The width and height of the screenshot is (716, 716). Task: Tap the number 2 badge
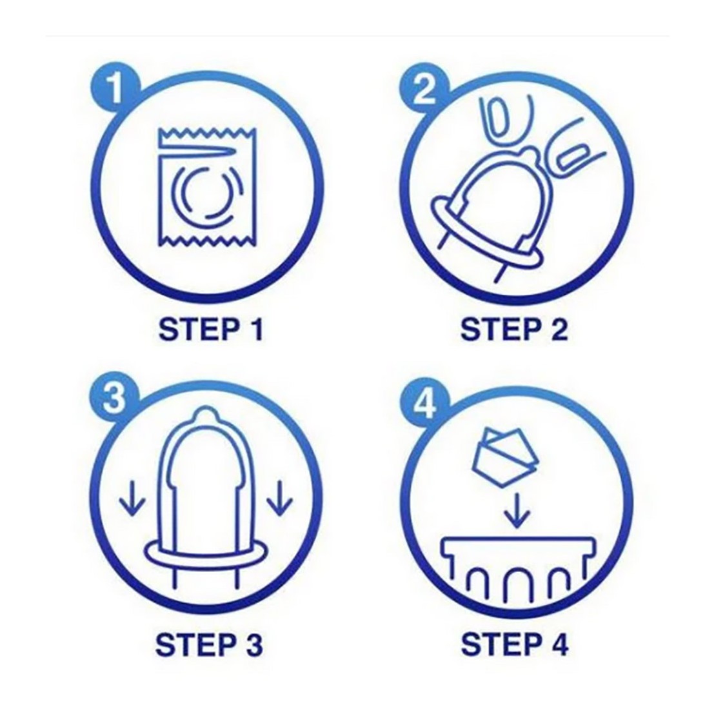(x=425, y=88)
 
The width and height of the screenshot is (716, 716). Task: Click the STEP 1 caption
(x=211, y=329)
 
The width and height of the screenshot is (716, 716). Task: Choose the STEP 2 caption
(x=514, y=329)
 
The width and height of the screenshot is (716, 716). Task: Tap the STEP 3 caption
(x=209, y=644)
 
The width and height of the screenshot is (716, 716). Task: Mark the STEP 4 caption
(x=515, y=644)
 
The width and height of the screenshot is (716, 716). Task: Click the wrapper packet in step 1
(x=207, y=188)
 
